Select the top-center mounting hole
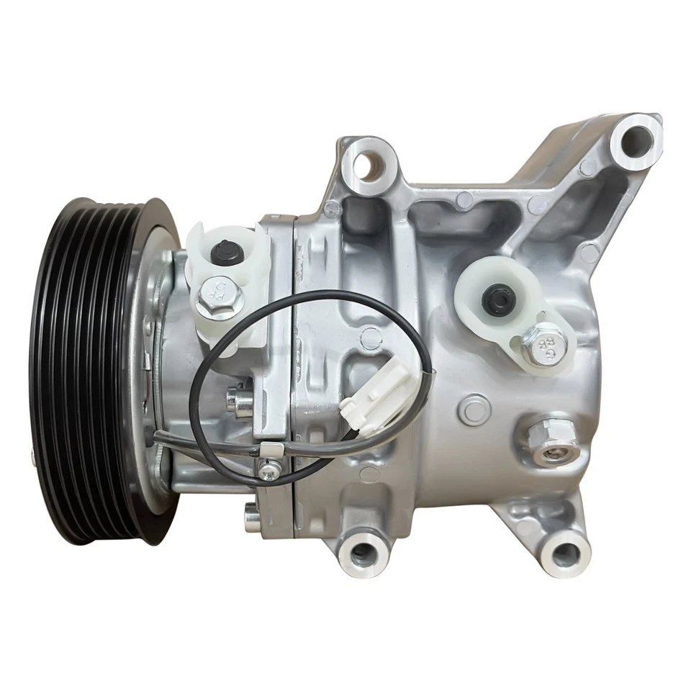pos(369,165)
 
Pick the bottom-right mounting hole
pos(566,553)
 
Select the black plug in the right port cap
pos(498,298)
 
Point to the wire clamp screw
pos(268,470)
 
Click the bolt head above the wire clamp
pos(235,400)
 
